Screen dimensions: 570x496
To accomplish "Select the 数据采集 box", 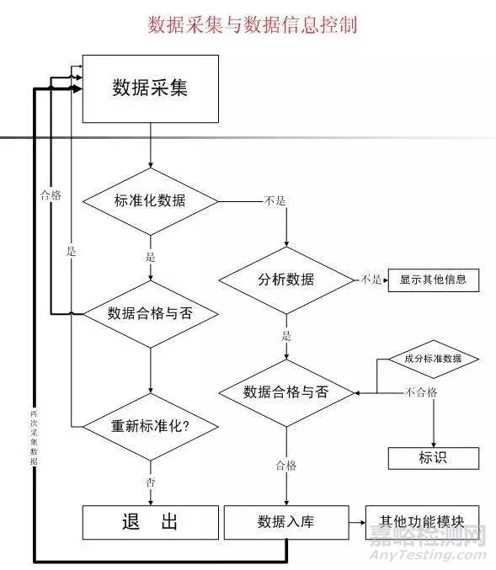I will coord(150,88).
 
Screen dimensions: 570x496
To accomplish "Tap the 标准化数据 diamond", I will coord(150,201).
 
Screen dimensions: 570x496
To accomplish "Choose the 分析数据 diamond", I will coord(285,280).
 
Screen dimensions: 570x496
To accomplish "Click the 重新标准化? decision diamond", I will coord(150,425).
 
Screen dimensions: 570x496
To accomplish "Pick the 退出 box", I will coord(150,522).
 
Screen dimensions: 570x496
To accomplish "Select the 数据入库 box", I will coord(285,522).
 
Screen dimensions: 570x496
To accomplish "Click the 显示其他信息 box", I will coord(433,280).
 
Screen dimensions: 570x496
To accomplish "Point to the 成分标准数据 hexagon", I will coord(433,359).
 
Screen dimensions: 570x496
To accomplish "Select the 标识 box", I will coord(433,458).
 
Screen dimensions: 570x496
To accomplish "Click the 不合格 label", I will coord(421,392).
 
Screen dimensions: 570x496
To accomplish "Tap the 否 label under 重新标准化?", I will coord(150,482).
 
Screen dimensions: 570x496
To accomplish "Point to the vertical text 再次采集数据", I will coord(33,438).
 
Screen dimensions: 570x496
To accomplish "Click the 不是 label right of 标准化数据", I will coord(275,201).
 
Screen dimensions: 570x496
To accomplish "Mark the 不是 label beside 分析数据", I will coord(371,280).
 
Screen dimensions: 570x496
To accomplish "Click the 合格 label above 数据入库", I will coord(285,465).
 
